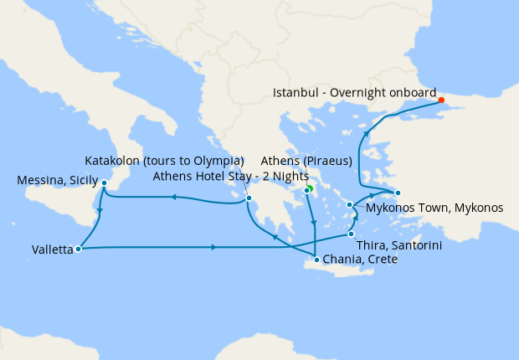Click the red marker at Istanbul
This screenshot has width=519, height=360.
[441, 100]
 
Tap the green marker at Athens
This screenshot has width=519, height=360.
[309, 188]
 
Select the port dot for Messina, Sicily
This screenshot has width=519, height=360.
[104, 183]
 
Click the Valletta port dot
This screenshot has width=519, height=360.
[78, 249]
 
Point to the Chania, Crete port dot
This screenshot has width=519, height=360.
[316, 260]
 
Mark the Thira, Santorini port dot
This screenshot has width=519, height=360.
[352, 234]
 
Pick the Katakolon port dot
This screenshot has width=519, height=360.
[249, 198]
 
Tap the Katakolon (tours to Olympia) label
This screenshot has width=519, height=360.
[165, 161]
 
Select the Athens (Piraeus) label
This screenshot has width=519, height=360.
[306, 161]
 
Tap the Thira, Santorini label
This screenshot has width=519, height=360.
[399, 245]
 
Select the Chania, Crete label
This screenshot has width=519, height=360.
[361, 260]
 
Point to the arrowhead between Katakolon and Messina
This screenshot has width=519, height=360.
[174, 198]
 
